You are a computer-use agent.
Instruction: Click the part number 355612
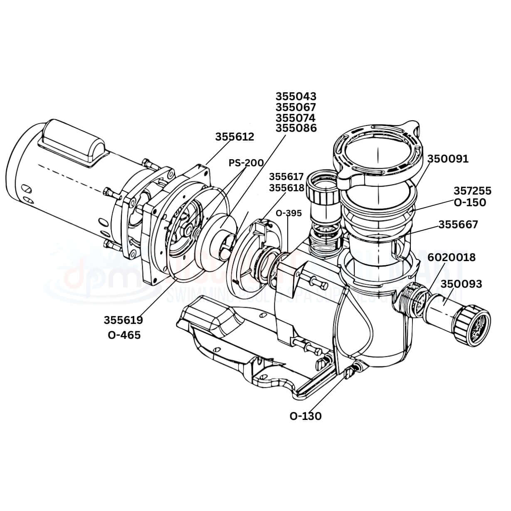234,137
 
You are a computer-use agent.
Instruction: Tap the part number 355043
296,96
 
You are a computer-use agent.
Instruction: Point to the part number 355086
296,128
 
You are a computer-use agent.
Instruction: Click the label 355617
286,177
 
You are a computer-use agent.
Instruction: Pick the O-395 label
289,213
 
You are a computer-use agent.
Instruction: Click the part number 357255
472,191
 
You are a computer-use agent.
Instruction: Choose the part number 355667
458,225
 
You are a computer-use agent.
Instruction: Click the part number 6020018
452,257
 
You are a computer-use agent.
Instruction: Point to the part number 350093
461,284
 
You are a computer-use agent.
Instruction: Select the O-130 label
306,416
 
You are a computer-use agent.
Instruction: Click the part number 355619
123,320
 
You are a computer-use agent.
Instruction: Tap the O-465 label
124,335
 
